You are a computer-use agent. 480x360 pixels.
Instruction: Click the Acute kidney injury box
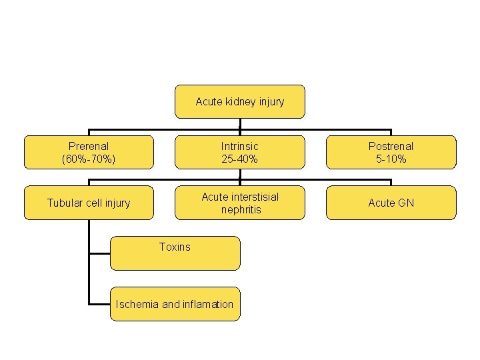coord(240,101)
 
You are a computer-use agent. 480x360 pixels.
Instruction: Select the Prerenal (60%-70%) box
coord(89,152)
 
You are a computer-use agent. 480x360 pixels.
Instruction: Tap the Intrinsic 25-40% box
coord(240,152)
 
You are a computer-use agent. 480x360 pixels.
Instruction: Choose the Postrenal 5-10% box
coord(391,152)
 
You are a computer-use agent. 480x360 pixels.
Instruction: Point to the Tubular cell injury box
coord(89,203)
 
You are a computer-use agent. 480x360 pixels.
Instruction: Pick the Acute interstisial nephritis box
coord(240,203)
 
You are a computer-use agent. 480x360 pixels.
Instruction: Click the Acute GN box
coord(391,203)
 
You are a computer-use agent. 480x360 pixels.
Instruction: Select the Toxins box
coord(175,254)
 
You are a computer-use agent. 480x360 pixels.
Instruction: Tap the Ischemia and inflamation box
coord(175,305)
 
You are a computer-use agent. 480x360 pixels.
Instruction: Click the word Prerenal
coord(89,146)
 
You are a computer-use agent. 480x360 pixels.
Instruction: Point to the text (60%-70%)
coord(89,159)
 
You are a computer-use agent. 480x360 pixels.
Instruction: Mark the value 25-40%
coord(240,159)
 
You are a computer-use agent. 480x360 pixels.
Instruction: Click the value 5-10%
coord(391,159)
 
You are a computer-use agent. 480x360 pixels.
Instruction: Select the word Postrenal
coord(391,146)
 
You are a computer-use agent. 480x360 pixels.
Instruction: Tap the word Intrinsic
coord(240,146)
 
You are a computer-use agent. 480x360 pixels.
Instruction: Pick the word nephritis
coord(240,210)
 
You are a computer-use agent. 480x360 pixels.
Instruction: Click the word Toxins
coord(175,247)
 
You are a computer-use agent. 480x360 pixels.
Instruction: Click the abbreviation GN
coord(405,203)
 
